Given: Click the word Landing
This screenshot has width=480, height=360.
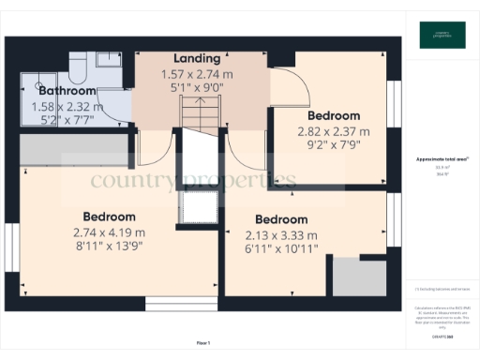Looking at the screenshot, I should [x=197, y=58].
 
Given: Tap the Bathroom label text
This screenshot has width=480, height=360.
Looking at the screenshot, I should [x=61, y=91].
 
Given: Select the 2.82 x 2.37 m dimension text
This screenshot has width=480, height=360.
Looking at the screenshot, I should [x=334, y=132].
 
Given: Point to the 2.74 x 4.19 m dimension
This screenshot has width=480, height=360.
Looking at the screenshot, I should [x=109, y=232].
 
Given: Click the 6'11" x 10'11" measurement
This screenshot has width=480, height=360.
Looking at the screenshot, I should [x=281, y=248].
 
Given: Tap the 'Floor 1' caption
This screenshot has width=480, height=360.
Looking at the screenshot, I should [x=202, y=343].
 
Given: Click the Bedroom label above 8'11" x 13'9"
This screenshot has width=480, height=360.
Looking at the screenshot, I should [x=109, y=217].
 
